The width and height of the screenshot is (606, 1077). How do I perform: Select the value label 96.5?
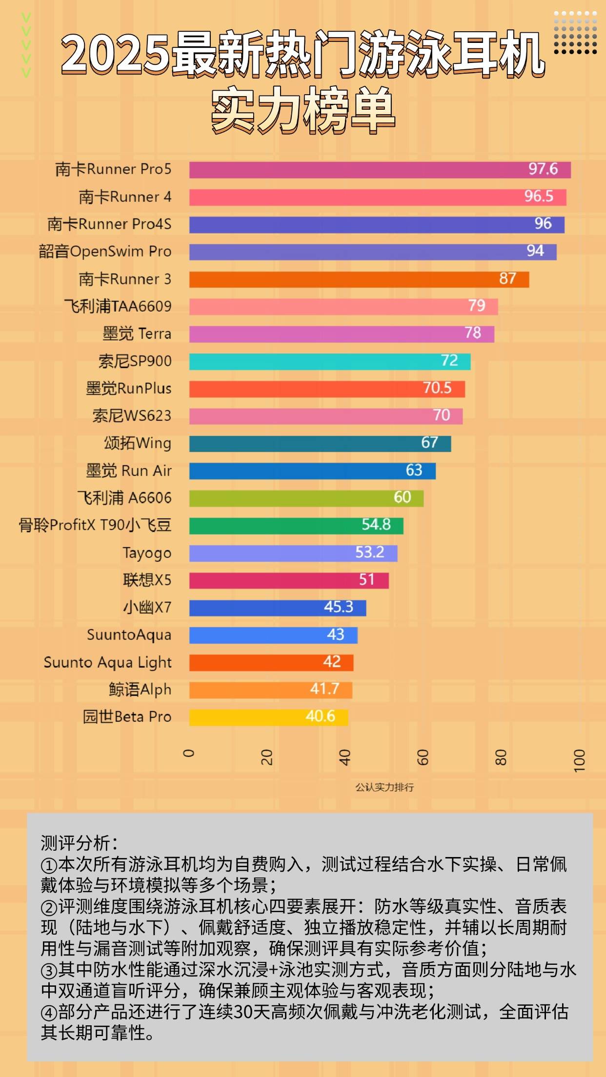pos(539,197)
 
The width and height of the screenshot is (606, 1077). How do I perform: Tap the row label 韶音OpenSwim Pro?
pos(105,252)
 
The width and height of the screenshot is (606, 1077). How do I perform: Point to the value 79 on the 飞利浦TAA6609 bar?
pos(477,306)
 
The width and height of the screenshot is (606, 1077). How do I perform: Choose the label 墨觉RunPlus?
pos(129,389)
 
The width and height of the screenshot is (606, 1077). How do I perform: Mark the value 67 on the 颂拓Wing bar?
pos(429,443)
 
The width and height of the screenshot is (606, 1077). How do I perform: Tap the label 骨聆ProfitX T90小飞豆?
pos(95,525)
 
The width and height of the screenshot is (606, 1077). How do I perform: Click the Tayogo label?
pos(147,553)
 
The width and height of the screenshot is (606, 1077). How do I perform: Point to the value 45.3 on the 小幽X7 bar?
pos(339,607)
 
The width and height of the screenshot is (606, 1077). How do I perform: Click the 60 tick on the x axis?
pos(423,757)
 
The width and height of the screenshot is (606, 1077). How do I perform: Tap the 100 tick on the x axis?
pos(579,760)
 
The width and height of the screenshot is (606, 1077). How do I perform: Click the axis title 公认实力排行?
pos(384,787)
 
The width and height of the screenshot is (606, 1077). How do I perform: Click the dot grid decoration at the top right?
pos(576,33)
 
